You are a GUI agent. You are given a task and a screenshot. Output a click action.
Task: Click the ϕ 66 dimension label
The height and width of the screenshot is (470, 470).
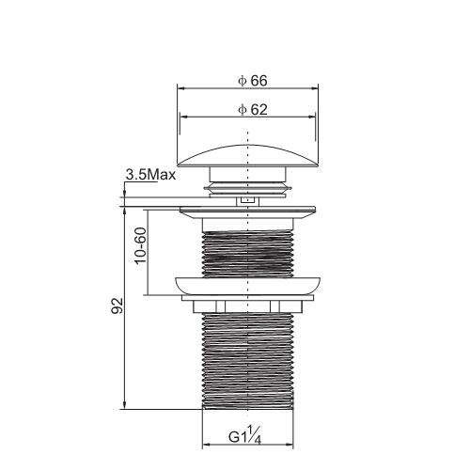253,81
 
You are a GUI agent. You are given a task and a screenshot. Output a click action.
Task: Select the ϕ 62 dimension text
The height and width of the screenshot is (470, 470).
253,110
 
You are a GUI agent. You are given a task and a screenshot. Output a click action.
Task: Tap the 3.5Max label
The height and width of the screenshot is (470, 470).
150,175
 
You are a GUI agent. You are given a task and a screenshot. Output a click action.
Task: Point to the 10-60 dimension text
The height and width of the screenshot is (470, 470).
141,245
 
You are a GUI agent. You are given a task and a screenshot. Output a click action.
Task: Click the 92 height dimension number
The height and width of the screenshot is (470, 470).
117,305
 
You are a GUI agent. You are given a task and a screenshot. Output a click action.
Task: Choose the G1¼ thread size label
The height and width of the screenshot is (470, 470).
244,435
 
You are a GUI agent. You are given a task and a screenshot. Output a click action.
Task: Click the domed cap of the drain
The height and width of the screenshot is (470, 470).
247,156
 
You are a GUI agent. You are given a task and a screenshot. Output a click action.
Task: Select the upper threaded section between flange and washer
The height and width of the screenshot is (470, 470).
247,255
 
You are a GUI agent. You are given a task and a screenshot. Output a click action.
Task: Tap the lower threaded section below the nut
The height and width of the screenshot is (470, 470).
247,360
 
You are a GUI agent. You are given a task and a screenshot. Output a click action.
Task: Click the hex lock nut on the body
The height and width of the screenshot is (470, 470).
247,306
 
